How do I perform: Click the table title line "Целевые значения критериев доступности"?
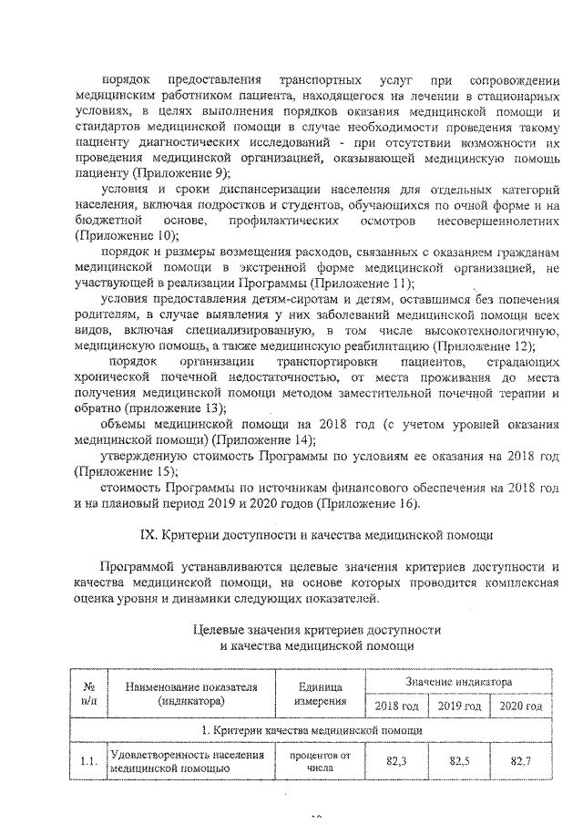point(319,630)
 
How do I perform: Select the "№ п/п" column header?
point(89,693)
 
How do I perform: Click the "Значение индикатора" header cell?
point(458,681)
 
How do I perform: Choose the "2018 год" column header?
point(395,706)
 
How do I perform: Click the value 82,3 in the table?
point(396,760)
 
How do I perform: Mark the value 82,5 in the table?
point(458,760)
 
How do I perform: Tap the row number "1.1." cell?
point(89,760)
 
